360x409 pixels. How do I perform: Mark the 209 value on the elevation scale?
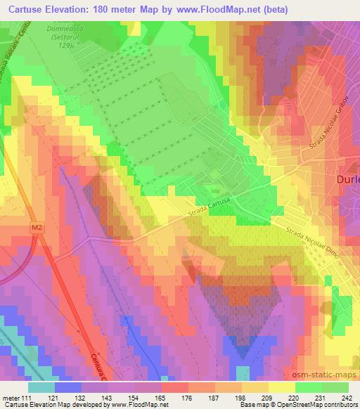(x=266, y=398)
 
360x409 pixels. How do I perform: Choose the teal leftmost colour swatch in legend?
(x=41, y=387)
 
